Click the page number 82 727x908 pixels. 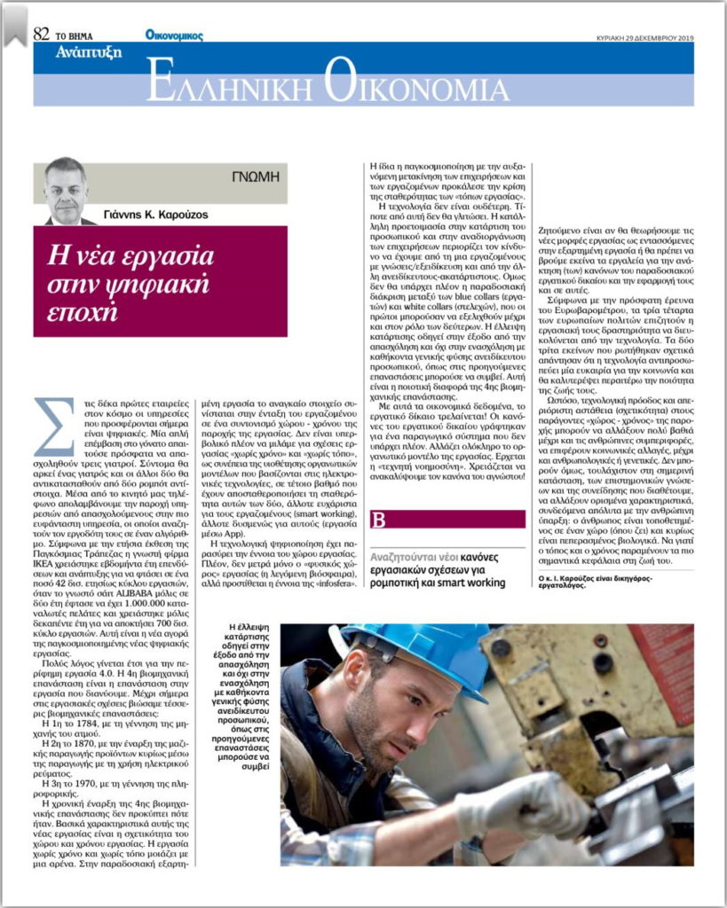(41, 35)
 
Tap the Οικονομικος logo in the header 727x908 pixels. (174, 35)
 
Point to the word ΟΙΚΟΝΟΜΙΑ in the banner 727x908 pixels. (416, 85)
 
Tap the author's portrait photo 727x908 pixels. (67, 190)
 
